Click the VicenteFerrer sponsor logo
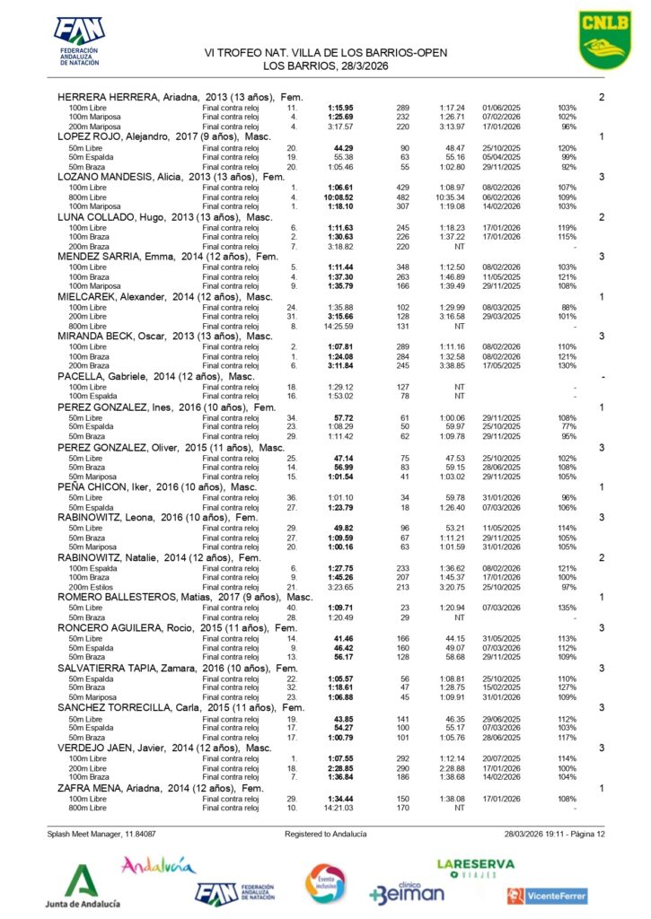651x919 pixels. [x=547, y=895]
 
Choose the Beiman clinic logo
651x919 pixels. [x=407, y=892]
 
